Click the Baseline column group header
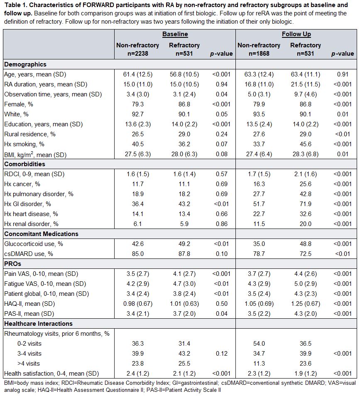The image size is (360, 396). (175, 34)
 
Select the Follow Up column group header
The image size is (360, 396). (296, 34)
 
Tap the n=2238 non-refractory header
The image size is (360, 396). (137, 53)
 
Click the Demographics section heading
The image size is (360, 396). (25, 64)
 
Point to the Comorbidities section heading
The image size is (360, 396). (25, 164)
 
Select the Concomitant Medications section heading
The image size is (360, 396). (41, 234)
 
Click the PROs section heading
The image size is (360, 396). (12, 264)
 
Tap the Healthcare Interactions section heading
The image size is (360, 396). (38, 324)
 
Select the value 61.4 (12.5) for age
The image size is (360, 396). (137, 74)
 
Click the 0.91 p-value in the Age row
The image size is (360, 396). (343, 74)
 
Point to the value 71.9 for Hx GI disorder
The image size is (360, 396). (306, 204)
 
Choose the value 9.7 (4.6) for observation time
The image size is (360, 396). (306, 94)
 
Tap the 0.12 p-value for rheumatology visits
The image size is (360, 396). (222, 354)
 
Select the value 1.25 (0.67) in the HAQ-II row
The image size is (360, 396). (306, 304)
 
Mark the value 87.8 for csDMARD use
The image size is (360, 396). (184, 254)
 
